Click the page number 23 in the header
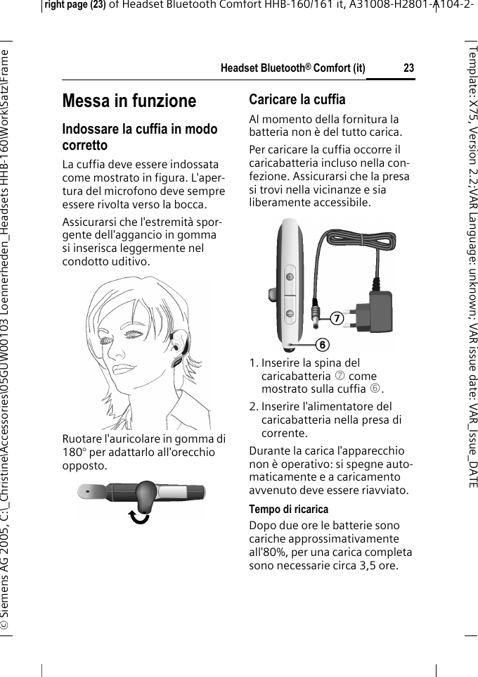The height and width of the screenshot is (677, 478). point(408,68)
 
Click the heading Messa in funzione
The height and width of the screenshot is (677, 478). point(129,101)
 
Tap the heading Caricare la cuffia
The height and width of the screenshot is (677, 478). point(297,99)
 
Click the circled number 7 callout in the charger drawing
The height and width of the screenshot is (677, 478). point(337,319)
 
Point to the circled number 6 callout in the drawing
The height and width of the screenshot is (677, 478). point(321,344)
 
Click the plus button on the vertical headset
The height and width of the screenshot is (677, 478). point(289,277)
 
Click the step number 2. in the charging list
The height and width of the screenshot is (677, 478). point(254,407)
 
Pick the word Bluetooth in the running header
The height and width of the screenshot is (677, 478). point(285,68)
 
